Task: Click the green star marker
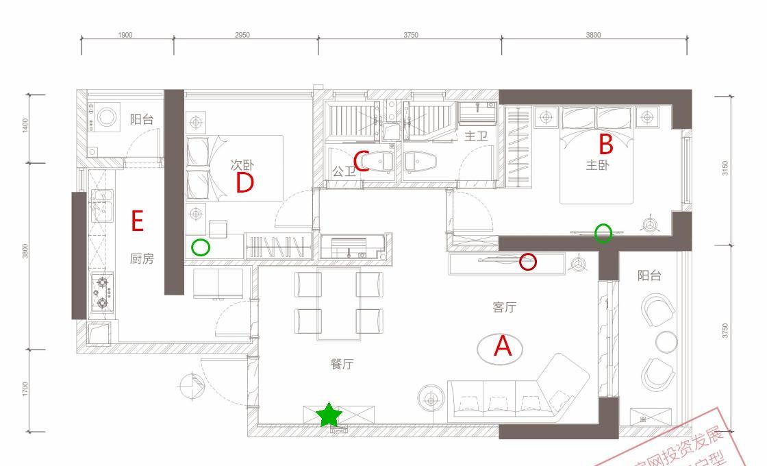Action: pos(329,415)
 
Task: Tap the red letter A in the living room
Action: pos(503,347)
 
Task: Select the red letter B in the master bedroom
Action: pos(605,145)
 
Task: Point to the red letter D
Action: pos(244,183)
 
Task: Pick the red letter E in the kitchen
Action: pos(137,221)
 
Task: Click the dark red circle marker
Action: pos(528,261)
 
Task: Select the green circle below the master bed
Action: pos(603,233)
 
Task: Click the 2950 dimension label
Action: pos(242,35)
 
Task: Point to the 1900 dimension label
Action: pos(125,35)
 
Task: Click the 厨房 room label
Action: pos(142,259)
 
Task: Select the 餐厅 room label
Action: pos(342,364)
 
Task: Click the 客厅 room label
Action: pos(504,307)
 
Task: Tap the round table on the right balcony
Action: pos(666,341)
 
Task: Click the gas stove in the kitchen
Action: pos(102,293)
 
